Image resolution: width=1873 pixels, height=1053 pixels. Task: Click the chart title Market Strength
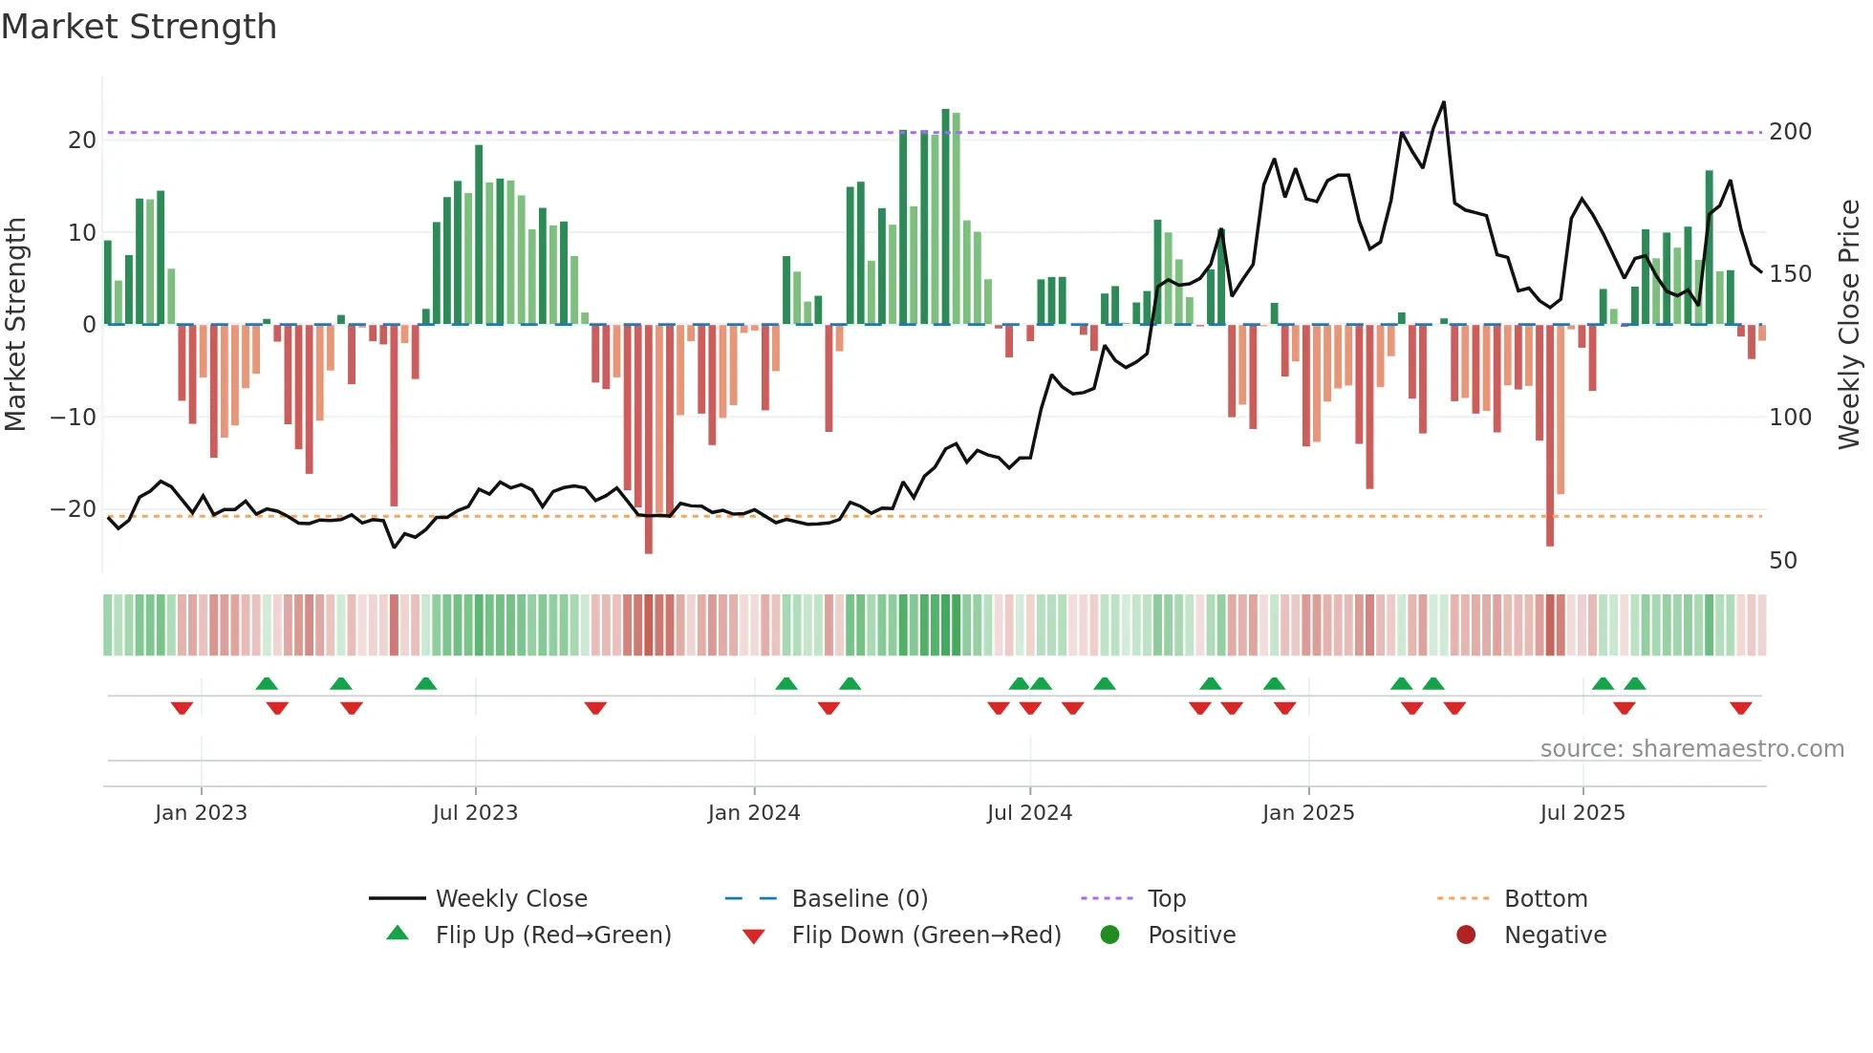pyautogui.click(x=139, y=27)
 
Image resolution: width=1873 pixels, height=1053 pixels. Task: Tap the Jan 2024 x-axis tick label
pyautogui.click(x=754, y=813)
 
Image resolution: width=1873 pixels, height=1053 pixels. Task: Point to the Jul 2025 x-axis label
pyautogui.click(x=1582, y=813)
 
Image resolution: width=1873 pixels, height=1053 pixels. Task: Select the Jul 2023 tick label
pyautogui.click(x=475, y=813)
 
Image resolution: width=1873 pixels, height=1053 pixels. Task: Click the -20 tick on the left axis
pyautogui.click(x=74, y=509)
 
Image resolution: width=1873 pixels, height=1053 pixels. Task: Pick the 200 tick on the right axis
pyautogui.click(x=1790, y=132)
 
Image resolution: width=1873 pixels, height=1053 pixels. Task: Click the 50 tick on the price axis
pyautogui.click(x=1783, y=561)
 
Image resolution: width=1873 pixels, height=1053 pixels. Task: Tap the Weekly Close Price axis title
pyautogui.click(x=1849, y=325)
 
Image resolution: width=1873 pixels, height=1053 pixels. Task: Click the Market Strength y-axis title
pyautogui.click(x=16, y=325)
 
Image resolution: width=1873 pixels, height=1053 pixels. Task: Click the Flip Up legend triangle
pyautogui.click(x=398, y=934)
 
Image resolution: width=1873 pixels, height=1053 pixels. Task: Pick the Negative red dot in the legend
pyautogui.click(x=1466, y=935)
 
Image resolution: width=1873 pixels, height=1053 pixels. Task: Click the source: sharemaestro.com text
pyautogui.click(x=1691, y=749)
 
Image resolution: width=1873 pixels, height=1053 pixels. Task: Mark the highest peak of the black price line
pyautogui.click(x=1443, y=102)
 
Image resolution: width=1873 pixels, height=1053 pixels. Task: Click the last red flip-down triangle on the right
pyautogui.click(x=1740, y=708)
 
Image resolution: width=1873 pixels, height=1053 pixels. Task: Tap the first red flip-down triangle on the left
pyautogui.click(x=182, y=708)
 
